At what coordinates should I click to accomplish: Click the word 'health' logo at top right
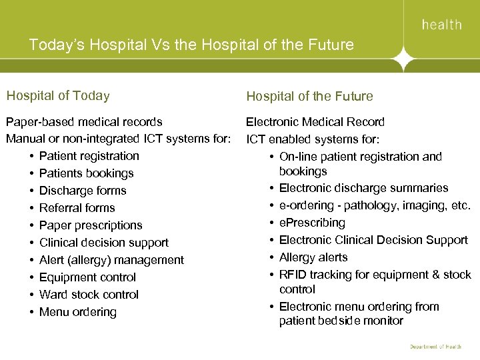441,25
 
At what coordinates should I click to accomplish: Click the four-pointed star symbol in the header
402,61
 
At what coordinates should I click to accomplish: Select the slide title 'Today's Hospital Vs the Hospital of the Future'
191,45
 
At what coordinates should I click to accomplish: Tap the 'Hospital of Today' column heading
57,95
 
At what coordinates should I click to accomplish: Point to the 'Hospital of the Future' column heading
309,96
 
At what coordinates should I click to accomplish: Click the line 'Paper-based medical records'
84,122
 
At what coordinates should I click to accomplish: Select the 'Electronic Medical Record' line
315,122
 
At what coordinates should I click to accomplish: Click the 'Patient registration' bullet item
89,156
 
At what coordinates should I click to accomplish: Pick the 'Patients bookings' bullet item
86,173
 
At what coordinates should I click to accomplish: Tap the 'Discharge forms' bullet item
83,191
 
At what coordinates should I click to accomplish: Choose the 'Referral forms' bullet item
77,208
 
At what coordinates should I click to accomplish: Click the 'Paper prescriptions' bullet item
91,225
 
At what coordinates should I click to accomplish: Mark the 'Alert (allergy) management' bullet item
111,260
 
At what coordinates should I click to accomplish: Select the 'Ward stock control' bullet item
89,295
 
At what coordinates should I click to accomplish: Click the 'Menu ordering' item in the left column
77,312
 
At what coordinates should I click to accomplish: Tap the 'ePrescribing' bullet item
312,223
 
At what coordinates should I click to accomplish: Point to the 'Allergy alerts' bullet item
313,257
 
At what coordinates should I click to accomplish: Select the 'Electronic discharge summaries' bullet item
363,188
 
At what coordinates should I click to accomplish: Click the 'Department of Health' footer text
435,347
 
